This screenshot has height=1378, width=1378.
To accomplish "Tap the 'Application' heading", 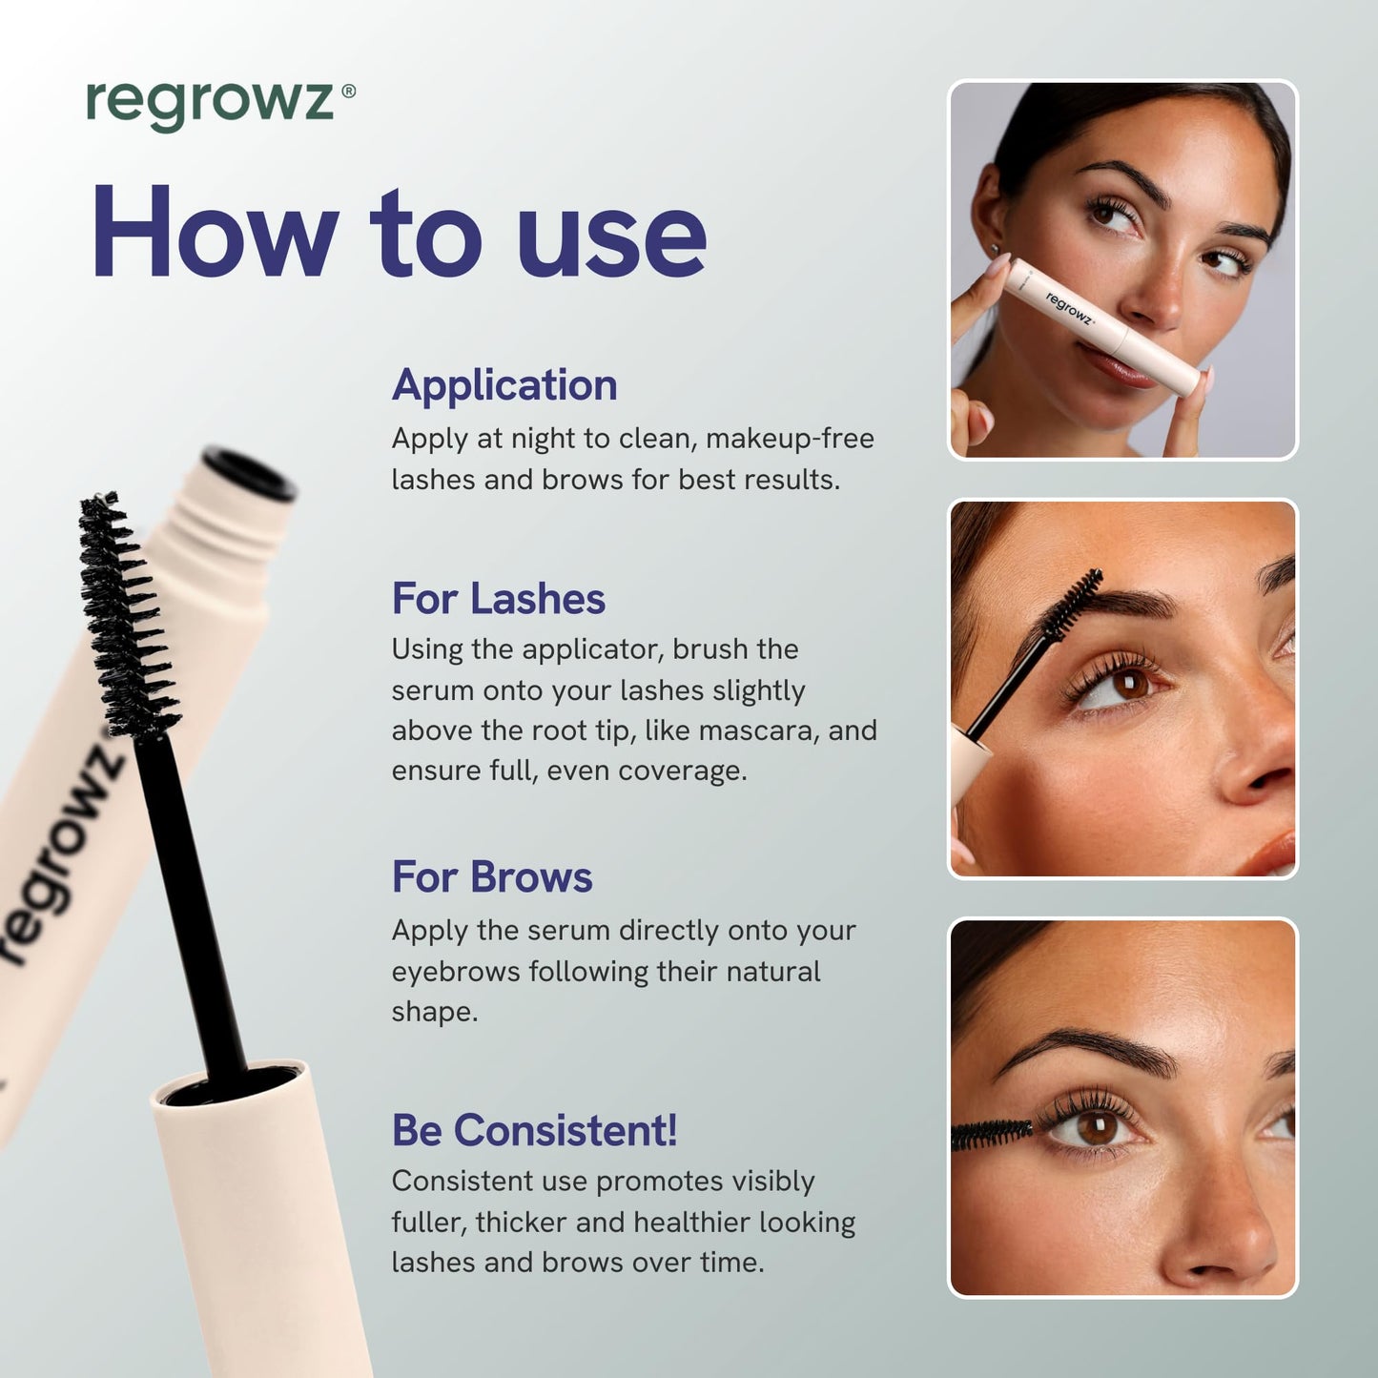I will point(504,386).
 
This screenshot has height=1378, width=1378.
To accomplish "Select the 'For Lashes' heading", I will point(498,600).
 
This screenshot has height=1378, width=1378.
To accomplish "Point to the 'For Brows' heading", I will point(492,877).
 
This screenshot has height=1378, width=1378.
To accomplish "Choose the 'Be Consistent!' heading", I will point(534,1131).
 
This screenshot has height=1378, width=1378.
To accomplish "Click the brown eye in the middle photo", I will point(1130,684).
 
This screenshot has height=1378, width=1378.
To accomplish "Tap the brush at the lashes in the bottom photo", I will point(992,1134).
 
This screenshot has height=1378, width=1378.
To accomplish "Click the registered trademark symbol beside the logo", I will point(348,92).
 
